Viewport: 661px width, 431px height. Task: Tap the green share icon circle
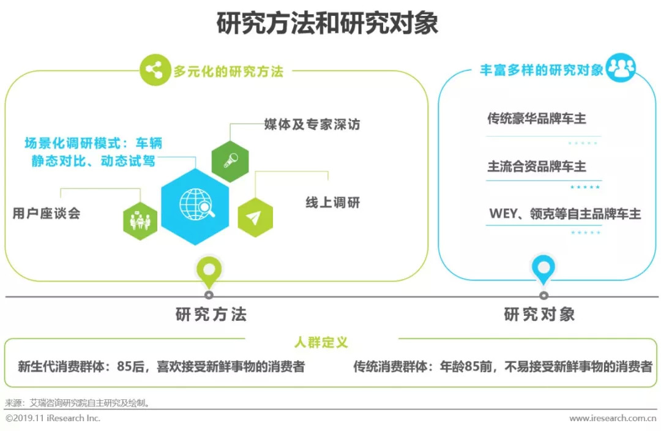(154, 70)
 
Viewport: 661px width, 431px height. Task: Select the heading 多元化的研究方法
(228, 72)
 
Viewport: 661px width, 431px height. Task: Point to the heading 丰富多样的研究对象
(541, 70)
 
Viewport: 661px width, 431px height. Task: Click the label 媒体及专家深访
(312, 124)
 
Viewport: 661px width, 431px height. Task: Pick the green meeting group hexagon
(140, 220)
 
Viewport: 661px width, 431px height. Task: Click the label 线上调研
(333, 202)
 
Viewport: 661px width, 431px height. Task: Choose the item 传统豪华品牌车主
(536, 119)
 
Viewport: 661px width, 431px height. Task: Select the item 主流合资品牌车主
(536, 166)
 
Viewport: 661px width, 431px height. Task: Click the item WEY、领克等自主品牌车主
(564, 214)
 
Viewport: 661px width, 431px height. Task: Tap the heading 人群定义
(321, 341)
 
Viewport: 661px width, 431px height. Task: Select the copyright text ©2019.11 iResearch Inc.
(53, 419)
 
